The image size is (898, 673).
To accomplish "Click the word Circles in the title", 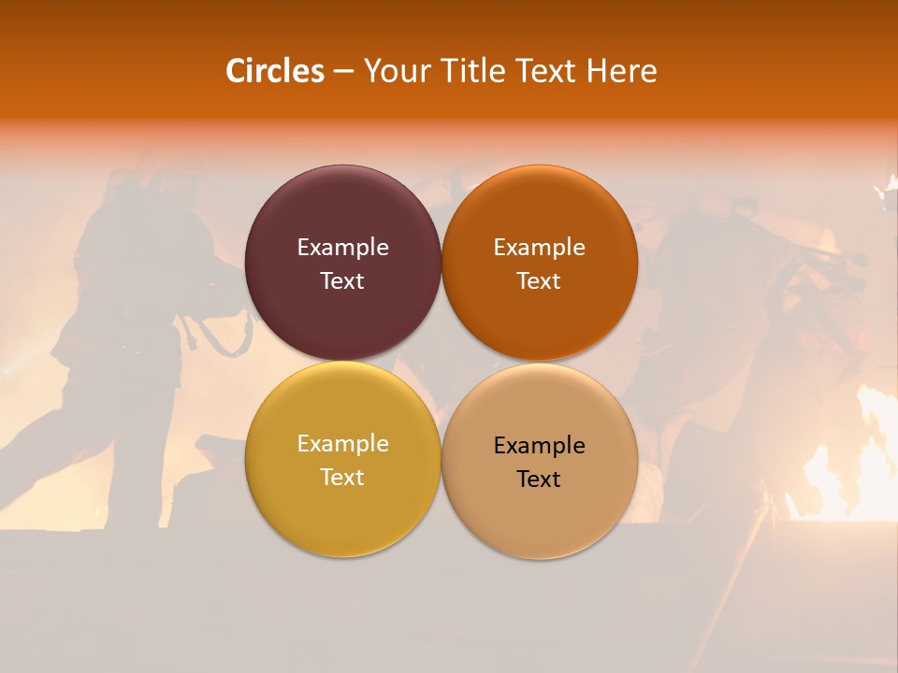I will tap(274, 71).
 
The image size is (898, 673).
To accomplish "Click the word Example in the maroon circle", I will tap(342, 248).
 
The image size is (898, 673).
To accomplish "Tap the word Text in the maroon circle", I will tap(342, 281).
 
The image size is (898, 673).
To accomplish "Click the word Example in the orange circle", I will tap(539, 248).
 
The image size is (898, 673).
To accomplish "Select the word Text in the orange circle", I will tap(539, 281).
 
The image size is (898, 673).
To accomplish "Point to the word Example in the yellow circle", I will tap(342, 444).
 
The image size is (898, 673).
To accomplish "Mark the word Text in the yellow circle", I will tap(342, 478).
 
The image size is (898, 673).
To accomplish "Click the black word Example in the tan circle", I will tap(539, 446).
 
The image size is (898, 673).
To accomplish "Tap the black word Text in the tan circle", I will tap(539, 480).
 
